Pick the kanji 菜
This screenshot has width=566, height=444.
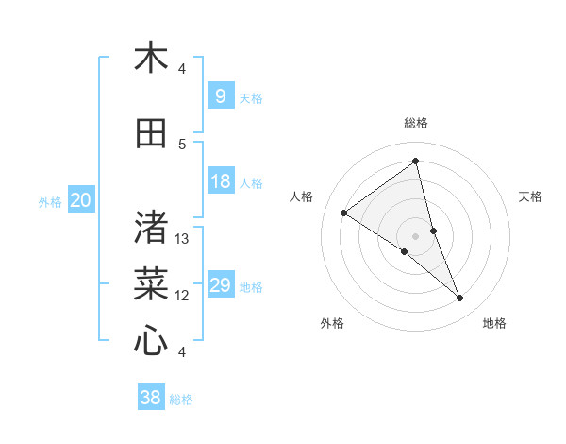pos(151,283)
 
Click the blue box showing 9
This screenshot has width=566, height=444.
pos(220,96)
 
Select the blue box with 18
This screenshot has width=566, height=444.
pos(220,181)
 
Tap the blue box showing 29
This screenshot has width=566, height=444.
pos(220,285)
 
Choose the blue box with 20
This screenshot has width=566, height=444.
pos(81,200)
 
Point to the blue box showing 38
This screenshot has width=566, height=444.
pos(151,398)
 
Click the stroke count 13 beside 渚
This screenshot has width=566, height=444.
pos(183,239)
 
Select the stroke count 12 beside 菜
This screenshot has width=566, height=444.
pos(183,296)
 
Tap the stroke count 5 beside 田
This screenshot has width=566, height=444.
pos(182,145)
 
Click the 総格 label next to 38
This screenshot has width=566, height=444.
pos(181,400)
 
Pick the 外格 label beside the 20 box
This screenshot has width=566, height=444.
pos(50,201)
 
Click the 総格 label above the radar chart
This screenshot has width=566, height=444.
pos(415,123)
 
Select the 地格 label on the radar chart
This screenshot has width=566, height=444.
pos(494,323)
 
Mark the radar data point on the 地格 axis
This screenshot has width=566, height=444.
pos(460,299)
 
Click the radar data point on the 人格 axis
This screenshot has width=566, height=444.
pos(343,213)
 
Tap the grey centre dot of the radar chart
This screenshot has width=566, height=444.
pos(415,235)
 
